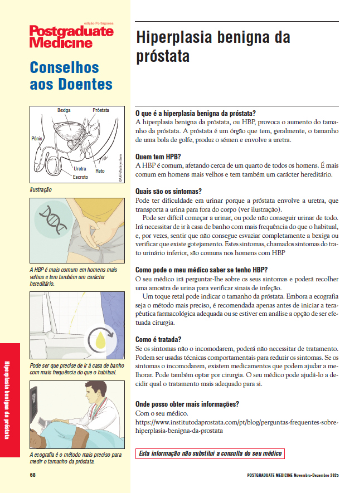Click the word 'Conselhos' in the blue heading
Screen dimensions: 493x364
click(64, 68)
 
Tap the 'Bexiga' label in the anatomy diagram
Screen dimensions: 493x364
click(64, 110)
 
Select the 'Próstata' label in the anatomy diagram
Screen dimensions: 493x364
click(101, 110)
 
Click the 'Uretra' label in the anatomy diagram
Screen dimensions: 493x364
click(80, 168)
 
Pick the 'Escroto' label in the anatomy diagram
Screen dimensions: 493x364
click(80, 177)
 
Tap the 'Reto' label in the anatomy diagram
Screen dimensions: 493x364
click(100, 170)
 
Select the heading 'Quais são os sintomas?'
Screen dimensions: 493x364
click(169, 191)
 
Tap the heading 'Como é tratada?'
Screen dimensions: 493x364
click(158, 339)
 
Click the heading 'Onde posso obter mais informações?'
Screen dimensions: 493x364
click(187, 404)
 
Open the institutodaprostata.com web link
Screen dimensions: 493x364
click(237, 426)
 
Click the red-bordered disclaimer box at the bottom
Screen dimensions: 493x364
click(210, 453)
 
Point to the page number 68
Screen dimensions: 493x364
click(33, 475)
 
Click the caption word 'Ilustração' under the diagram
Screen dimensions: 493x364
click(41, 189)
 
